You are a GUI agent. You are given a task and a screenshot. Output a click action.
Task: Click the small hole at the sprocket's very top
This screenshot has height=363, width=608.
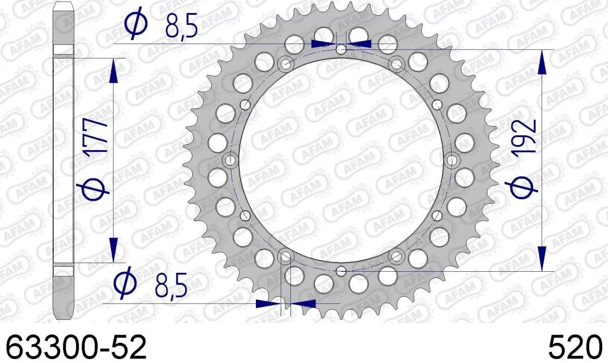tap(342, 50)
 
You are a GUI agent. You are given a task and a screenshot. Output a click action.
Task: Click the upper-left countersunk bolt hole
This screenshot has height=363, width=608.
tap(286, 64)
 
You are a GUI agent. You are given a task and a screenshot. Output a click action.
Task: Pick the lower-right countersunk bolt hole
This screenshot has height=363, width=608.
tap(397, 256)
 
